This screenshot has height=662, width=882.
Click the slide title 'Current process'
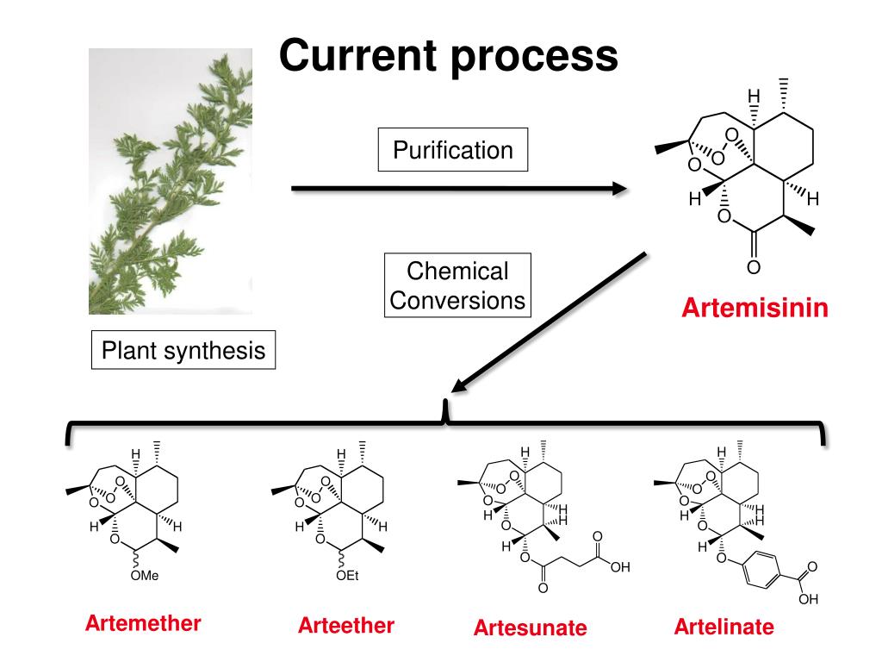click(448, 56)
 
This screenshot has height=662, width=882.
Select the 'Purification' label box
click(452, 150)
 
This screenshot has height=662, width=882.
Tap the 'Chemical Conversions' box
click(457, 285)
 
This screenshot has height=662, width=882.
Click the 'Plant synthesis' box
click(183, 351)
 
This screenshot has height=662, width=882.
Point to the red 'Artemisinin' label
click(755, 307)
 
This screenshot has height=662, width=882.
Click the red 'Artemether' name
click(143, 623)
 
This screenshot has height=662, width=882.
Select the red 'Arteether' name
click(346, 625)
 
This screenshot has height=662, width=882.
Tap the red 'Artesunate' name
click(530, 628)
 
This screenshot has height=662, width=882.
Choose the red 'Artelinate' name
click(724, 627)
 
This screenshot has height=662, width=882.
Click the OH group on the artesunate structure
click(620, 567)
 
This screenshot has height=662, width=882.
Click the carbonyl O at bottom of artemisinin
click(753, 268)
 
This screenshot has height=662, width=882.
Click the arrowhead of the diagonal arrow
click(459, 385)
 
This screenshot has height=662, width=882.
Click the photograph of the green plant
click(171, 181)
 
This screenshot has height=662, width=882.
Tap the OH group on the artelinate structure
click(808, 599)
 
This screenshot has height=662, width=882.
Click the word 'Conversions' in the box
click(457, 300)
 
